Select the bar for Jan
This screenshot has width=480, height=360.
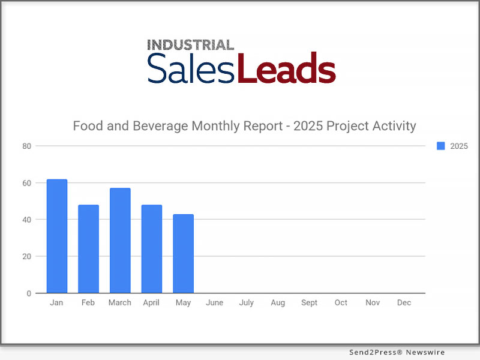tap(57, 236)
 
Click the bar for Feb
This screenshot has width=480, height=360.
tap(88, 249)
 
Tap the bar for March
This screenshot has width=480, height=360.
tap(120, 241)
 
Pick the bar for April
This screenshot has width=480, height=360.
tap(151, 249)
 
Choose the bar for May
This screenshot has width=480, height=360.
tap(183, 254)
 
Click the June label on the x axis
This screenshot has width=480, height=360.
tap(214, 303)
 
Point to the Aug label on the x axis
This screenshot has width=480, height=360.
tap(278, 303)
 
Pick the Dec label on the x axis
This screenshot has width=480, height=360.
tap(404, 303)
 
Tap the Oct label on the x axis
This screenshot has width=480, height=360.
tap(341, 303)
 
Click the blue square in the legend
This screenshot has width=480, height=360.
tap(441, 146)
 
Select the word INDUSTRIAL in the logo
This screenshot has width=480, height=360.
tap(191, 45)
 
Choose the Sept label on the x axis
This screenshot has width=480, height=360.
tap(309, 303)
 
